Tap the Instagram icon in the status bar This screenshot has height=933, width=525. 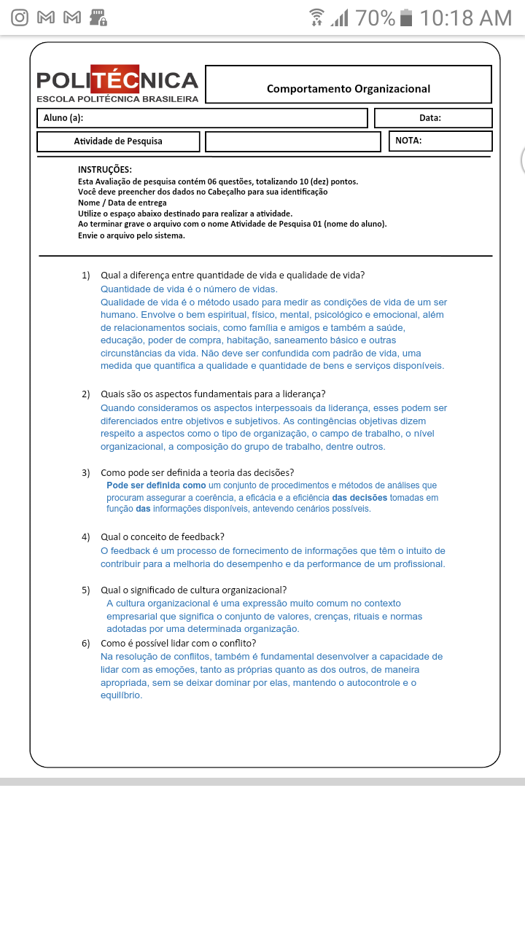(20, 17)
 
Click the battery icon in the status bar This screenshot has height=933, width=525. (407, 17)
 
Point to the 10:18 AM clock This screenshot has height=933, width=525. (466, 17)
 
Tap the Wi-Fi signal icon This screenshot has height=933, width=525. (316, 17)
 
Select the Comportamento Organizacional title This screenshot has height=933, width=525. (349, 89)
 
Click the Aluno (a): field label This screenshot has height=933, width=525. (63, 118)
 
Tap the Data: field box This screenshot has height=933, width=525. (433, 118)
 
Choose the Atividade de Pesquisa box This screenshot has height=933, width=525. (118, 141)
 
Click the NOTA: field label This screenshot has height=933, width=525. (408, 141)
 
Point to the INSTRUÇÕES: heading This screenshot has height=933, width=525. (105, 170)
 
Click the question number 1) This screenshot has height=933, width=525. (85, 276)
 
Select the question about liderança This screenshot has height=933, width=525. (213, 394)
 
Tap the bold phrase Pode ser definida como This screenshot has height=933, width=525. (156, 485)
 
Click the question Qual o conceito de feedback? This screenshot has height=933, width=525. (162, 537)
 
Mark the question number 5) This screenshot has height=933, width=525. (85, 590)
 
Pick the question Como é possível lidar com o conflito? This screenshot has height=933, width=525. (178, 644)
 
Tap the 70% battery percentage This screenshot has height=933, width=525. (376, 17)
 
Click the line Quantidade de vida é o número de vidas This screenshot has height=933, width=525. (189, 289)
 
